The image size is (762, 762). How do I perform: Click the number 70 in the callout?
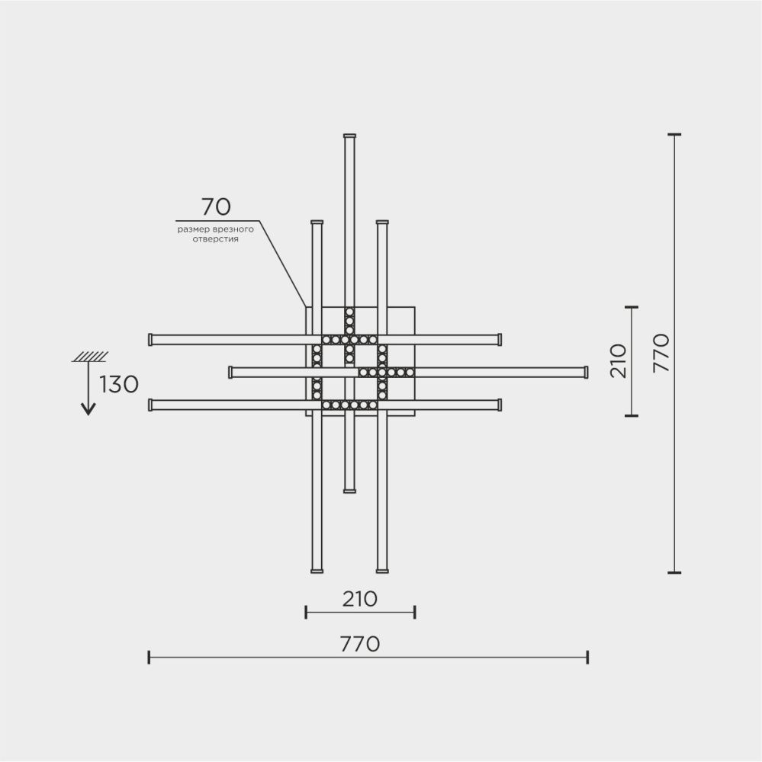pyautogui.click(x=216, y=207)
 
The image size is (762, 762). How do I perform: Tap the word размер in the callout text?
pyautogui.click(x=192, y=229)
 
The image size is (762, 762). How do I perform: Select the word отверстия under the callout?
pyautogui.click(x=216, y=239)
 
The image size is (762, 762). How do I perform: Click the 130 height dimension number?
pyautogui.click(x=120, y=385)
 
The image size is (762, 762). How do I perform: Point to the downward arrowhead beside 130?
pyautogui.click(x=88, y=409)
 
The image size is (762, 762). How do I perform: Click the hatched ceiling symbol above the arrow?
pyautogui.click(x=89, y=356)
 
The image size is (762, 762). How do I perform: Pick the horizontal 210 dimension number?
pyautogui.click(x=360, y=599)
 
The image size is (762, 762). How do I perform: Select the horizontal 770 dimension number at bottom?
pyautogui.click(x=360, y=645)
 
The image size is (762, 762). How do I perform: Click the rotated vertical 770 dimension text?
pyautogui.click(x=661, y=352)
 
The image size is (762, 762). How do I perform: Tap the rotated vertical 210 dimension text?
pyautogui.click(x=619, y=360)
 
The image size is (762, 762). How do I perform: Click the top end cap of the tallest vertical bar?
pyautogui.click(x=349, y=136)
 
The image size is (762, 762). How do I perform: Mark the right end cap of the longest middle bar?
pyautogui.click(x=586, y=372)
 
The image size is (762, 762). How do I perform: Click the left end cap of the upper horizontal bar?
pyautogui.click(x=151, y=339)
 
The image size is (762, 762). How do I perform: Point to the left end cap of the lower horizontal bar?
pyautogui.click(x=151, y=405)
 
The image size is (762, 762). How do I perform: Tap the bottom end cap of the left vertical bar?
pyautogui.click(x=317, y=570)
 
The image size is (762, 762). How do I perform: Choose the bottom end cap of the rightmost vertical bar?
pyautogui.click(x=382, y=570)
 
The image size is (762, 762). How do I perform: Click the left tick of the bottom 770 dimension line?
pyautogui.click(x=150, y=657)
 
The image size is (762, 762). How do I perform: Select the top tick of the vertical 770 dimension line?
pyautogui.click(x=674, y=135)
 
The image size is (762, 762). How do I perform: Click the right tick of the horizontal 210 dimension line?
pyautogui.click(x=414, y=612)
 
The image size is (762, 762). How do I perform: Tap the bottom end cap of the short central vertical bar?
pyautogui.click(x=349, y=491)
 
